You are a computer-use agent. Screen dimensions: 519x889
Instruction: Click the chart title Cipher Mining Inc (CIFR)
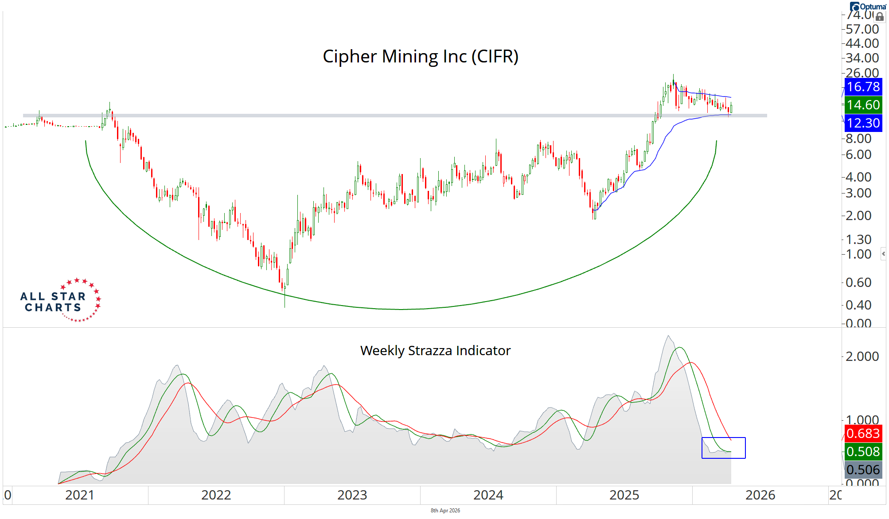[420, 57]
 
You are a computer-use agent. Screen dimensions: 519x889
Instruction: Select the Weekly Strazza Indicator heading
[435, 351]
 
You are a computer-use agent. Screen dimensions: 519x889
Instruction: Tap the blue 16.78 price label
[863, 87]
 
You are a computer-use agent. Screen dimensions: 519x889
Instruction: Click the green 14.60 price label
[863, 105]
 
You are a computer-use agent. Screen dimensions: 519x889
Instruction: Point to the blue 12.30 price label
[863, 123]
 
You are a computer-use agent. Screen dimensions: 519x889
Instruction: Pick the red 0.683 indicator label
[863, 433]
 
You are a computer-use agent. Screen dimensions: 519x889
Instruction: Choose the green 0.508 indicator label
[863, 452]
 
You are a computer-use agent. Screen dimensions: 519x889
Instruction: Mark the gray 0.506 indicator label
[863, 470]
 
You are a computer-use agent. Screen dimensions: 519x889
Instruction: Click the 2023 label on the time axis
[352, 495]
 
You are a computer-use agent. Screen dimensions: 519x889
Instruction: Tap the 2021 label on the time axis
[80, 495]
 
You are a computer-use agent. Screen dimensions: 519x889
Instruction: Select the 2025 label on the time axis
[624, 495]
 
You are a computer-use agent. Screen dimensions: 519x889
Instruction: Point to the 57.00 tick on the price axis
[862, 29]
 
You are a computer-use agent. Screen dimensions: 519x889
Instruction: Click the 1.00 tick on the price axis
[858, 254]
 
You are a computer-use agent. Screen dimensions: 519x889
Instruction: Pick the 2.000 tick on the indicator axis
[862, 356]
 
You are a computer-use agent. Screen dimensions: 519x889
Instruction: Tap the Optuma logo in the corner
[868, 7]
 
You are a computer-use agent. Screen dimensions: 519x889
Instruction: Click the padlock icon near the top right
[880, 17]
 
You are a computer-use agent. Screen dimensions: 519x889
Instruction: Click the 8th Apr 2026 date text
[445, 511]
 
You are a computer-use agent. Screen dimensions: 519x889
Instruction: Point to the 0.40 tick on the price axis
[858, 305]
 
